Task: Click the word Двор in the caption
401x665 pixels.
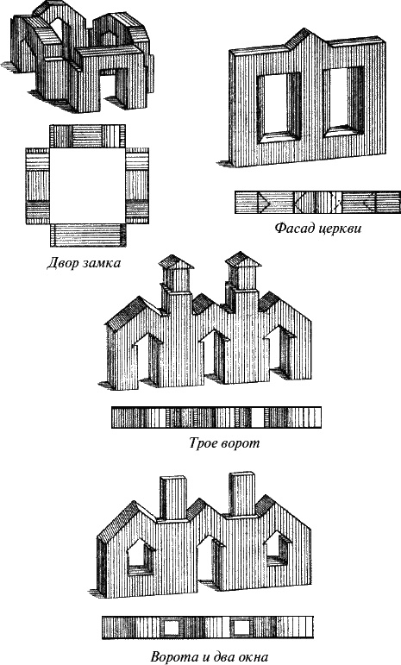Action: point(61,263)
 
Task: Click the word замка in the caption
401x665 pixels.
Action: point(101,264)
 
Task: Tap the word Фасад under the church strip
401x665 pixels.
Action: point(293,229)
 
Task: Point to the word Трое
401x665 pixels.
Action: point(204,443)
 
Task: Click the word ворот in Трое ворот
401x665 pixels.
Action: point(241,444)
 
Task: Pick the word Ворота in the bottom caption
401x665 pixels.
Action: point(175,657)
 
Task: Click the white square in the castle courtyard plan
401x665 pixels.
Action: point(88,185)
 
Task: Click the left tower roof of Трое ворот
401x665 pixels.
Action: point(176,262)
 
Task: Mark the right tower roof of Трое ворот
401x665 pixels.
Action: point(243,259)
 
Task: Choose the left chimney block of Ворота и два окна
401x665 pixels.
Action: point(173,498)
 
